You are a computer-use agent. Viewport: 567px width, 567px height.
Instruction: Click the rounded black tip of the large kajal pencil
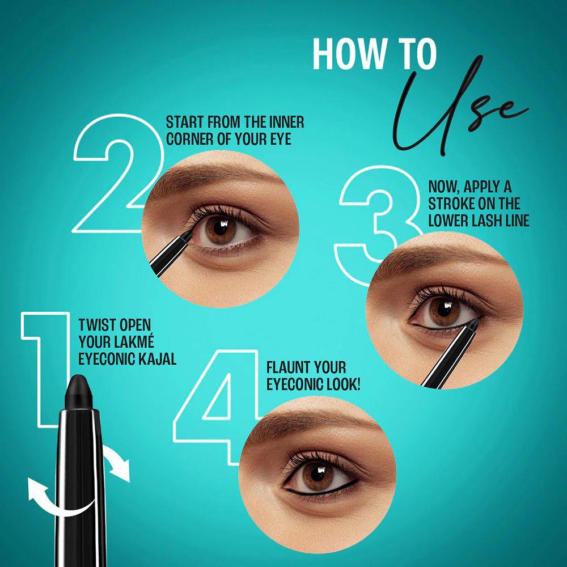(79, 391)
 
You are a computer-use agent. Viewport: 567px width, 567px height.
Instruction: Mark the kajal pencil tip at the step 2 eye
(188, 233)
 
